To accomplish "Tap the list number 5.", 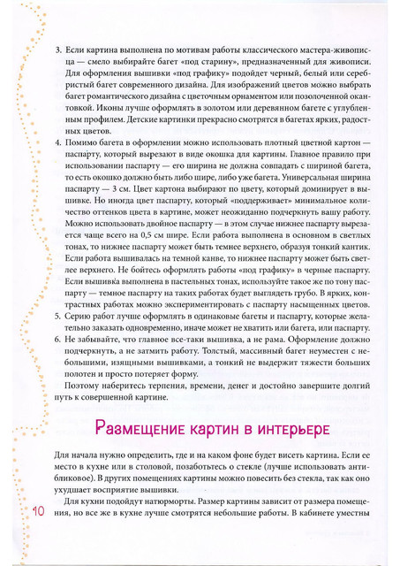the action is point(58,314).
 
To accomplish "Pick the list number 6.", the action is point(58,339).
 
